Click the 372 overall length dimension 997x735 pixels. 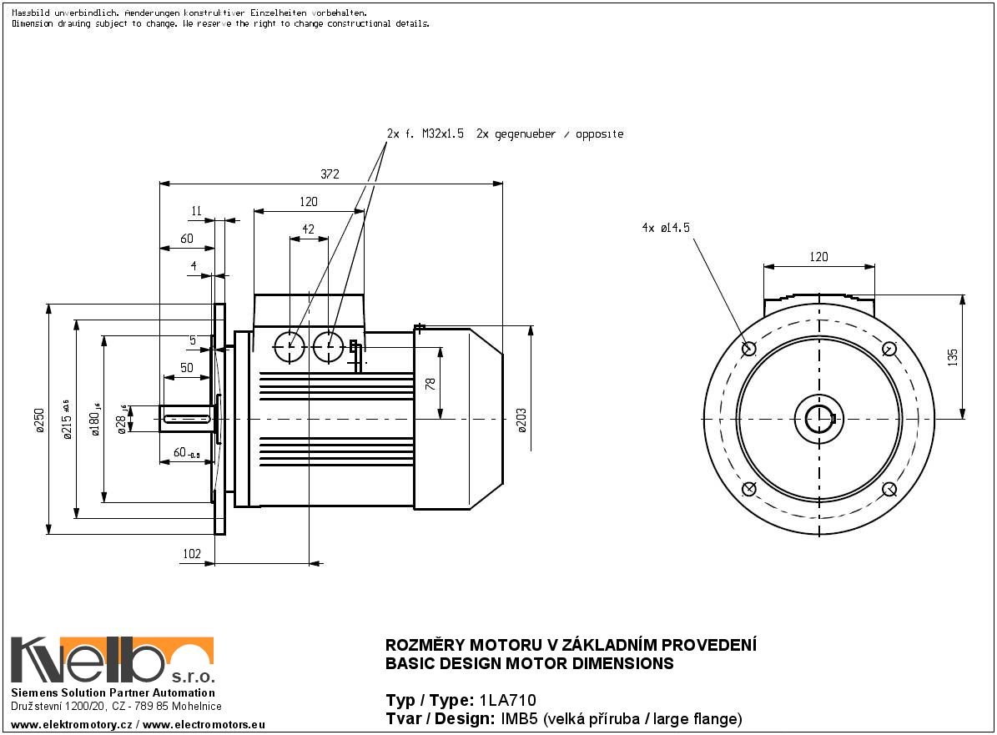(x=330, y=174)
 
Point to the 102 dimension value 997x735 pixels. (x=192, y=553)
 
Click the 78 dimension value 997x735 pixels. (x=431, y=384)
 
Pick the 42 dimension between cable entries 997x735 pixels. (x=308, y=229)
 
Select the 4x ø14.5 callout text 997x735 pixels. (x=666, y=227)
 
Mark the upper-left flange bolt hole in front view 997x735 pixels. (x=748, y=348)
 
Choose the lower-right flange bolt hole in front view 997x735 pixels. (x=889, y=489)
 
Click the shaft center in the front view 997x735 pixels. (x=818, y=418)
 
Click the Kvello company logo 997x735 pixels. (x=112, y=660)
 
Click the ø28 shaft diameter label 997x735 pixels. (x=122, y=420)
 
